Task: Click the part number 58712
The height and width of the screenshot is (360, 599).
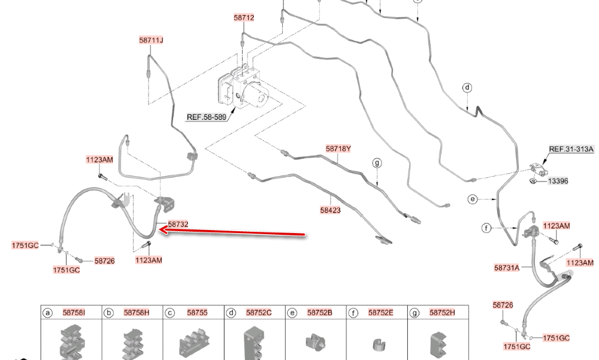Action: [244, 18]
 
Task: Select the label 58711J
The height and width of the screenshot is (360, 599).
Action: [151, 40]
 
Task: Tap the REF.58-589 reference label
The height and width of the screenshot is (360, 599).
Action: [206, 117]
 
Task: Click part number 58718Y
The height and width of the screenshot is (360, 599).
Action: [338, 148]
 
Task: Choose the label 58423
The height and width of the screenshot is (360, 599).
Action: [330, 210]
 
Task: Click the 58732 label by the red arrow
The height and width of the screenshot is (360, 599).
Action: [178, 224]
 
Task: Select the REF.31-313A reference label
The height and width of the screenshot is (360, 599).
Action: [571, 149]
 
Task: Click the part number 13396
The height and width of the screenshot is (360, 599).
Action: [558, 181]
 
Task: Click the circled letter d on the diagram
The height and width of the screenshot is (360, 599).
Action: [467, 87]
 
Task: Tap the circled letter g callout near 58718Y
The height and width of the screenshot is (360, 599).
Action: [377, 162]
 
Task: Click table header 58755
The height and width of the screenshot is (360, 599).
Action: [197, 313]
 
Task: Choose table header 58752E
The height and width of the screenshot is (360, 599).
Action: [380, 313]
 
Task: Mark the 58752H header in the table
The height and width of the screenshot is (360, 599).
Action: [442, 313]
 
